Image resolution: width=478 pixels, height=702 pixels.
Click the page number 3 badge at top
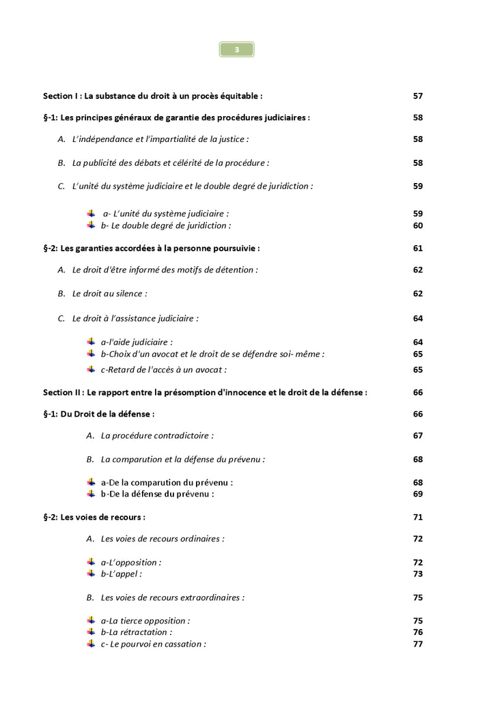pyautogui.click(x=236, y=49)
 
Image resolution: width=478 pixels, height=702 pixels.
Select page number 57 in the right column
pyautogui.click(x=418, y=96)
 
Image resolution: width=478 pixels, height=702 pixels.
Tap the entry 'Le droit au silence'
pyautogui.click(x=109, y=294)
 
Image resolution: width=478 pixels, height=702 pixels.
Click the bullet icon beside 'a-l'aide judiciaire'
pyautogui.click(x=91, y=341)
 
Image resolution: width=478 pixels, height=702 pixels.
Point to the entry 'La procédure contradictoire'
pyautogui.click(x=157, y=436)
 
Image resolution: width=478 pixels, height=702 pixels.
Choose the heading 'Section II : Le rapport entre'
pyautogui.click(x=205, y=393)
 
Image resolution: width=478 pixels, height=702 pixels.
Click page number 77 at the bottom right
pyautogui.click(x=418, y=644)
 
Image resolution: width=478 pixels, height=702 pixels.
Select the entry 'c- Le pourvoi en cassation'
pyautogui.click(x=153, y=644)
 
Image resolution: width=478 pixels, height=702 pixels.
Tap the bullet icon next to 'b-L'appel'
pyautogui.click(x=91, y=574)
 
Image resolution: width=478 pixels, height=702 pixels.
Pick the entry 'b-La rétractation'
pyautogui.click(x=136, y=632)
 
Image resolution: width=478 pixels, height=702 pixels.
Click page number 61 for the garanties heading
pyautogui.click(x=418, y=248)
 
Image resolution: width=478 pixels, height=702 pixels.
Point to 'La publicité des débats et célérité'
pyautogui.click(x=171, y=163)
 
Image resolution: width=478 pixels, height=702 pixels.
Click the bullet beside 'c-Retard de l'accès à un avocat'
pyautogui.click(x=91, y=369)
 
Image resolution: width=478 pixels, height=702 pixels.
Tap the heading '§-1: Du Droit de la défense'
pyautogui.click(x=98, y=414)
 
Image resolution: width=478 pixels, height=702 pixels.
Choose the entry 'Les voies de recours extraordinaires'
pyautogui.click(x=172, y=598)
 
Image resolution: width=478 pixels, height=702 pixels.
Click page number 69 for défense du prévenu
pyautogui.click(x=418, y=494)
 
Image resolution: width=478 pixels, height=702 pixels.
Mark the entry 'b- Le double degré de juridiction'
pyautogui.click(x=166, y=225)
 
